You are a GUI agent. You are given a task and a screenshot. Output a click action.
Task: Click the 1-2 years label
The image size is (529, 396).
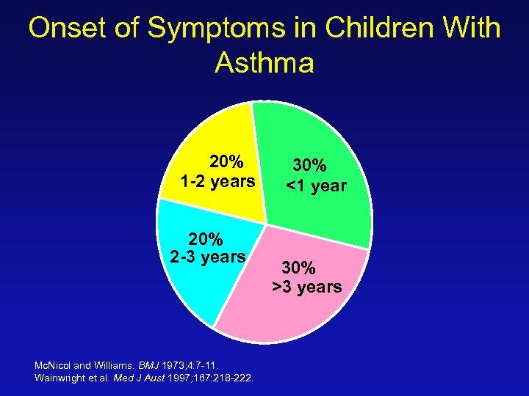pyautogui.click(x=218, y=181)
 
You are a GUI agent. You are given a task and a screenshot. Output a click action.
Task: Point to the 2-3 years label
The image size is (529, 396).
pyautogui.click(x=208, y=257)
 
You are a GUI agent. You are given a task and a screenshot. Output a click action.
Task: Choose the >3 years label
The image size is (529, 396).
pyautogui.click(x=307, y=287)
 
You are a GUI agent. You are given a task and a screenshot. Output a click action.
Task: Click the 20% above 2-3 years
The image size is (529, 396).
pyautogui.click(x=206, y=238)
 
